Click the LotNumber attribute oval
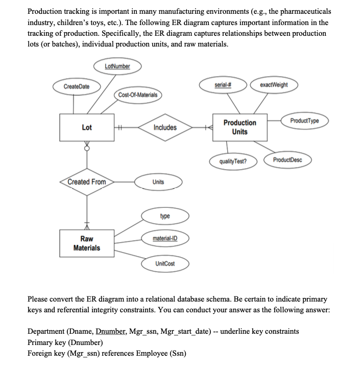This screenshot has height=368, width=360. [x=117, y=66]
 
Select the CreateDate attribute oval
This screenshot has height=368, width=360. [x=76, y=86]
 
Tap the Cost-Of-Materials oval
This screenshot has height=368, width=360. [x=138, y=95]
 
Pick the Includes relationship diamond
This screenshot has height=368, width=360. [x=165, y=127]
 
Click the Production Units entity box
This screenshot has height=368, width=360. [x=239, y=127]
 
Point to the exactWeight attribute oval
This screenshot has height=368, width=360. [x=274, y=84]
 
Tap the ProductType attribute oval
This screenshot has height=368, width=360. [x=304, y=120]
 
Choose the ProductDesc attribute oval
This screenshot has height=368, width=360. [x=287, y=160]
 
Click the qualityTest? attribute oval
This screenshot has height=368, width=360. [x=232, y=161]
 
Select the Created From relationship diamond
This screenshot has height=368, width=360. [x=87, y=182]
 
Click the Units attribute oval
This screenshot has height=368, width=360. [x=158, y=182]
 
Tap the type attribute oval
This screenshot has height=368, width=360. [x=165, y=216]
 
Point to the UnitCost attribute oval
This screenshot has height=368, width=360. [x=165, y=263]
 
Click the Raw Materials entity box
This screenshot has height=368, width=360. [x=87, y=243]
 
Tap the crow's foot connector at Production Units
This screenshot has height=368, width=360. [x=209, y=128]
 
